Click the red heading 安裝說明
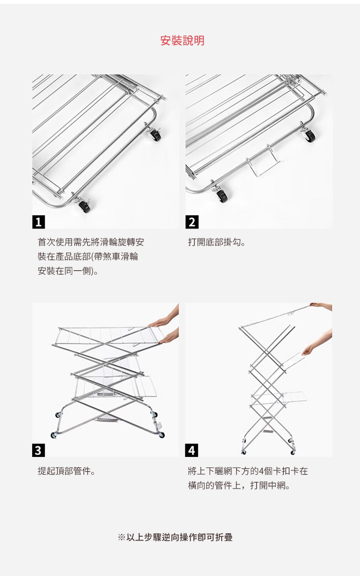point(182,41)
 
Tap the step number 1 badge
point(38,222)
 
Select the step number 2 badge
point(192,222)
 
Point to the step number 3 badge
point(38,450)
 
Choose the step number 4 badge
point(192,450)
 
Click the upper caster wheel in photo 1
point(155,134)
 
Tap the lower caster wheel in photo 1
point(84,206)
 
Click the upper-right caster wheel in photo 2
point(309,135)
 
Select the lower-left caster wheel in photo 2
point(221,196)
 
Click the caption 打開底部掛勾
point(216,242)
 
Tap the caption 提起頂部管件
point(67,471)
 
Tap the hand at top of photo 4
point(321,306)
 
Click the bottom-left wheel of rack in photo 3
point(53,435)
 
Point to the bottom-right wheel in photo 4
point(293,452)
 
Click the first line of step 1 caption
point(91,242)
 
